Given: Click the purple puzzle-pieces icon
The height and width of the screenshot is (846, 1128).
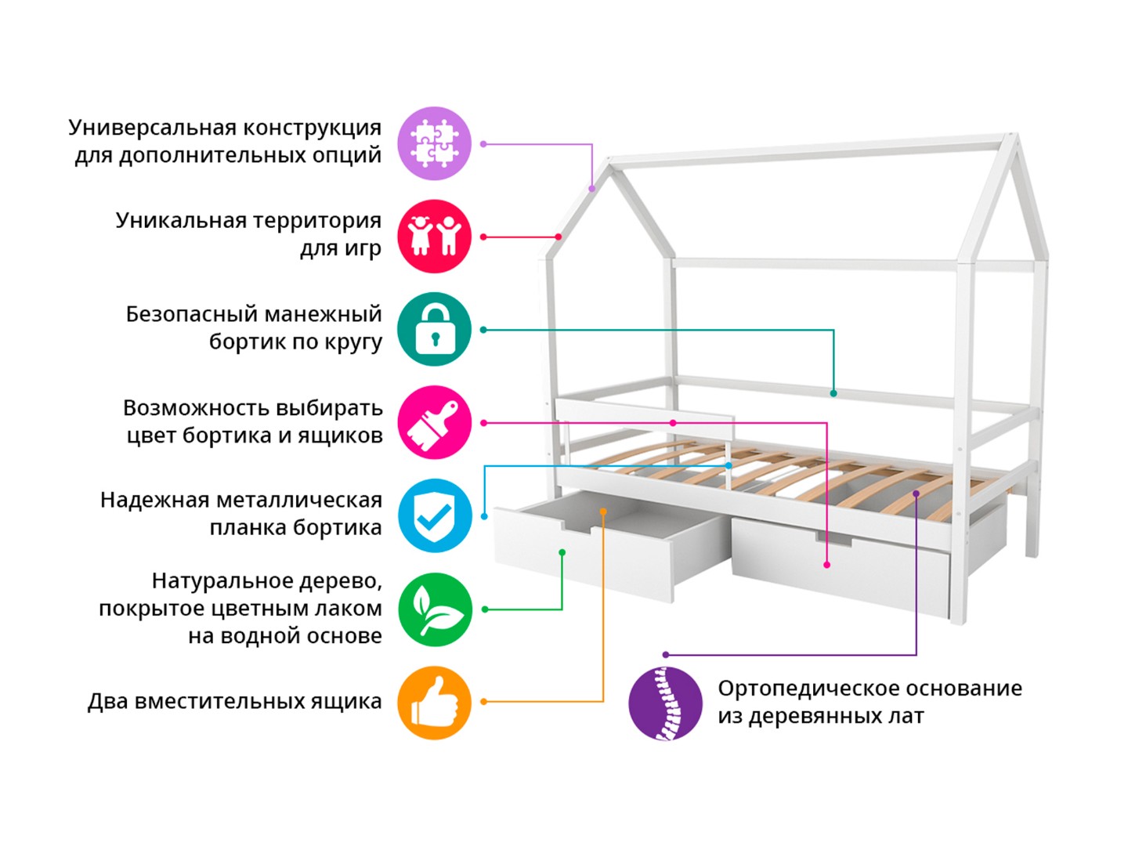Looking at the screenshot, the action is tap(434, 143).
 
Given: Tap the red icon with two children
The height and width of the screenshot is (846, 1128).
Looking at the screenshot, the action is tap(434, 237).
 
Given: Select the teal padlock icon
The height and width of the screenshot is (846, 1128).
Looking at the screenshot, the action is tap(434, 329).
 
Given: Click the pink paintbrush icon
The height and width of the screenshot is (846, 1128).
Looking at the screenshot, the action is tap(434, 422).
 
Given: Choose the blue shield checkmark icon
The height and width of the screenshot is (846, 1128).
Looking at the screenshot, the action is tap(434, 515).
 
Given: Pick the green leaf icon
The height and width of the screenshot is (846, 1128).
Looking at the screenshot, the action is tap(434, 609).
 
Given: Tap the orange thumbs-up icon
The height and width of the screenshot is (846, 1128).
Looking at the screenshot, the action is tap(434, 702).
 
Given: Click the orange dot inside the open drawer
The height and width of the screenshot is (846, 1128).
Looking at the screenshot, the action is tap(603, 512).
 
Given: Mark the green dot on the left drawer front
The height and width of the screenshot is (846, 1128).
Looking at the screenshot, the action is tap(562, 553).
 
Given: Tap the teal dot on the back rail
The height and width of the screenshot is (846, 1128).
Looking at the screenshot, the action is tap(833, 393).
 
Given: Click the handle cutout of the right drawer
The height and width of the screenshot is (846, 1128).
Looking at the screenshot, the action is tap(833, 540).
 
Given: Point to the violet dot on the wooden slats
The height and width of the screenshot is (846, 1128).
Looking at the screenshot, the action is tap(916, 493).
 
